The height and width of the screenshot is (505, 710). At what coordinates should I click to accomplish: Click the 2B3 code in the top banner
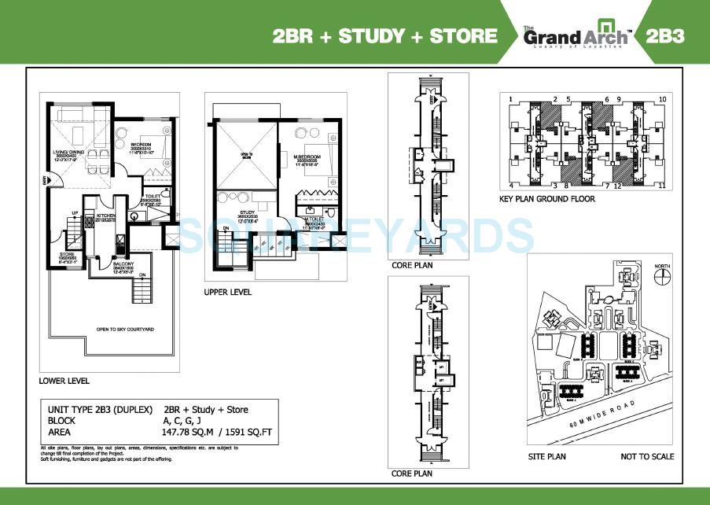(666, 36)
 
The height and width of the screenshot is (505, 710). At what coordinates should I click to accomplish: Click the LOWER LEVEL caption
(64, 381)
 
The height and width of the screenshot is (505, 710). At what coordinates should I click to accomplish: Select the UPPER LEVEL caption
(228, 292)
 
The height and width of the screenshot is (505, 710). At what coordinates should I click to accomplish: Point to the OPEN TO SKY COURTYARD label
(129, 329)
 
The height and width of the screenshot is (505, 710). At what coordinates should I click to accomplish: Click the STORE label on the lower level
(67, 255)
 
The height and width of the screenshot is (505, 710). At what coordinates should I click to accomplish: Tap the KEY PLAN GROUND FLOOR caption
(547, 199)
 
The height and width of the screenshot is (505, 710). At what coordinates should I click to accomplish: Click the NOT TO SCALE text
(647, 457)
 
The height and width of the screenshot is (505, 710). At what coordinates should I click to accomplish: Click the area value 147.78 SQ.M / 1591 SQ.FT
(214, 432)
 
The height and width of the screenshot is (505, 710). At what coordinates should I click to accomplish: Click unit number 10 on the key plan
(663, 99)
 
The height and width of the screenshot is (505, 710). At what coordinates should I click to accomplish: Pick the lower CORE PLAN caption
(410, 474)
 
